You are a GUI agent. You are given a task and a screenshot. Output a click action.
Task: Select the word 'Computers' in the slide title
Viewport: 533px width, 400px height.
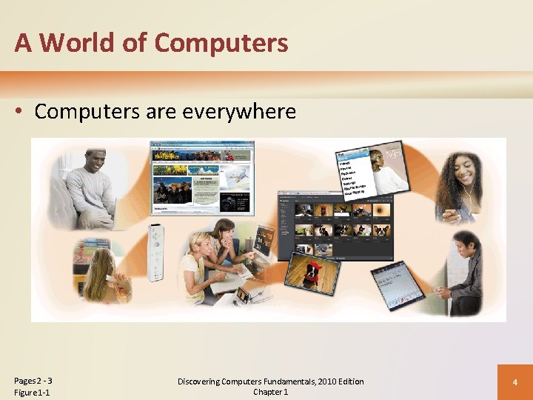pos(221,43)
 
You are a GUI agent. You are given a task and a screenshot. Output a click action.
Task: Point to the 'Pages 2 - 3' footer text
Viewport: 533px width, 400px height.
pos(33,381)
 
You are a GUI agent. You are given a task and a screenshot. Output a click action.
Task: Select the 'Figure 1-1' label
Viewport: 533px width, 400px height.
pos(32,393)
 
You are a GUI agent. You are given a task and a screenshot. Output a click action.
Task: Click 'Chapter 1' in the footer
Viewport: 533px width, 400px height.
pos(270,392)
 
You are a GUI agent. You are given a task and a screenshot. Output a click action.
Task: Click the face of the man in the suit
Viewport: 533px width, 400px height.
pos(463,247)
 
